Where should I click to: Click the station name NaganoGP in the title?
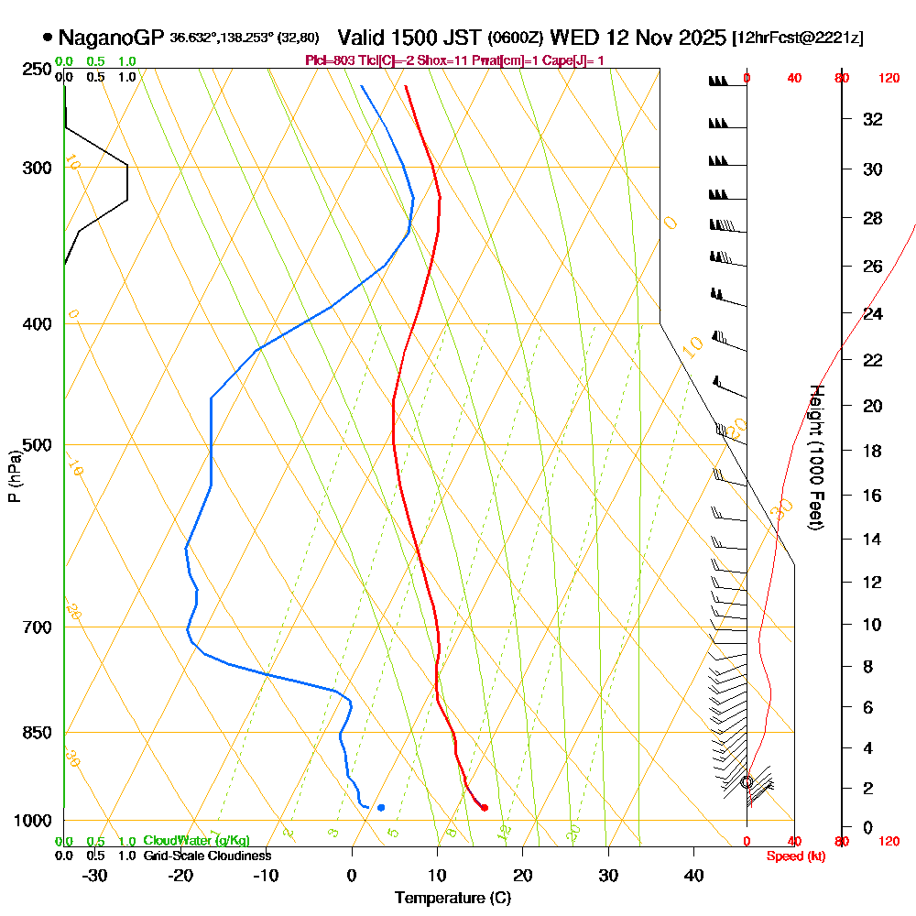111,38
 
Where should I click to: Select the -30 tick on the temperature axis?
95,876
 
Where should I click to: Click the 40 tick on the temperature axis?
694,876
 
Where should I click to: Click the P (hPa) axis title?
14,475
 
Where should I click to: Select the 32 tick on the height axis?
873,119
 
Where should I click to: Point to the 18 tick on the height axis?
873,450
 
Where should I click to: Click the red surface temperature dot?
485,807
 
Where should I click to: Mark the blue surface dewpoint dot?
381,807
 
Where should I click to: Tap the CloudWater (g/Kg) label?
196,841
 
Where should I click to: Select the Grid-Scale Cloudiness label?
206,856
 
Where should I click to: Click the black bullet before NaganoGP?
47,38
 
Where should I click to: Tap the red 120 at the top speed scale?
888,79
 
